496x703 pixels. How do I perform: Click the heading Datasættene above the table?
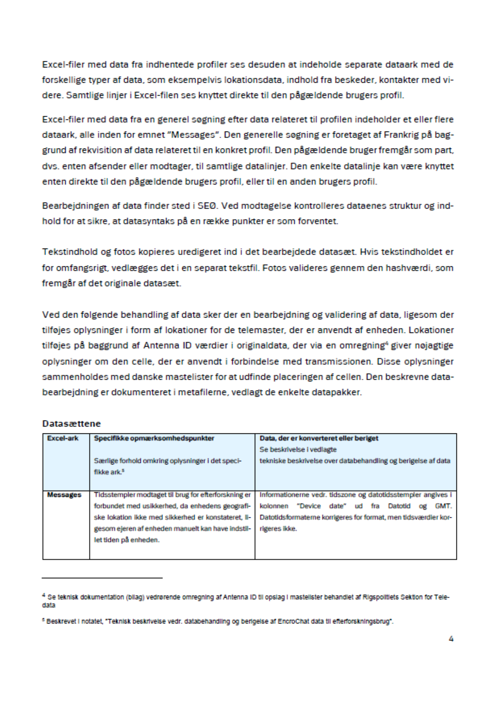71,423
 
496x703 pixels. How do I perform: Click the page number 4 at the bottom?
451,639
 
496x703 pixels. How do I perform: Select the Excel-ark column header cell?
62,438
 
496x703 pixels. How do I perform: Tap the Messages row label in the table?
64,495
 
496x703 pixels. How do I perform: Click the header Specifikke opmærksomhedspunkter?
154,438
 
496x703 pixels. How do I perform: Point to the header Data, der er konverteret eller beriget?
319,438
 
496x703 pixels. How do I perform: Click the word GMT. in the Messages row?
443,506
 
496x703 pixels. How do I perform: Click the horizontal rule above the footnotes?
102,578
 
